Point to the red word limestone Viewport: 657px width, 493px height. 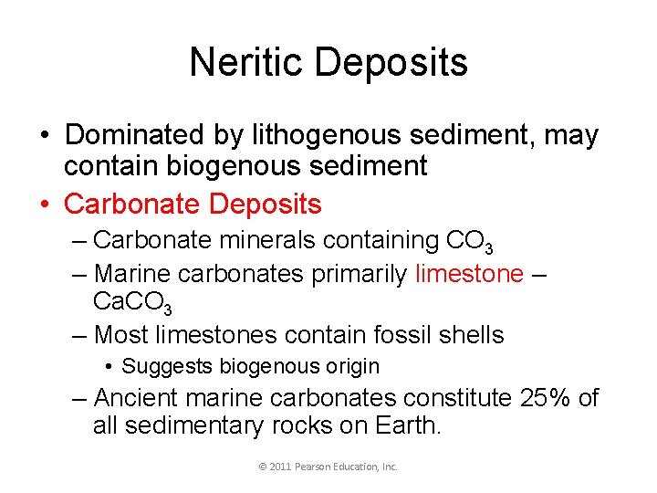tap(469, 273)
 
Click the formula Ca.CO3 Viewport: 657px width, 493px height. tap(131, 303)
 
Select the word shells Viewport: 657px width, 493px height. tap(468, 335)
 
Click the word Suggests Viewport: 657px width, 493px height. tap(166, 367)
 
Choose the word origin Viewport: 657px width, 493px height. tap(349, 367)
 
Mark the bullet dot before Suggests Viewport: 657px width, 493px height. tap(109, 367)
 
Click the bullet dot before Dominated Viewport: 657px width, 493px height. tap(45, 135)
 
